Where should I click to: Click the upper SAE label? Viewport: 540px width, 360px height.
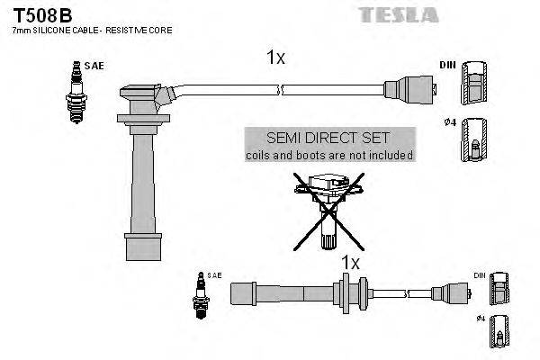point(93,66)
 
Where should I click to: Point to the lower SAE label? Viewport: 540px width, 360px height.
point(214,274)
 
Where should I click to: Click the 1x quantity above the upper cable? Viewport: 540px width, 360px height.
point(275,58)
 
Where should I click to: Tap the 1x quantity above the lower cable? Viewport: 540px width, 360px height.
point(349,263)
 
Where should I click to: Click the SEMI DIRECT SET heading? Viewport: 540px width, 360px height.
point(328,139)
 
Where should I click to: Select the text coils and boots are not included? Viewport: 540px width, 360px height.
point(328,155)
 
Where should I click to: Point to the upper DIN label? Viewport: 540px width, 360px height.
point(447,66)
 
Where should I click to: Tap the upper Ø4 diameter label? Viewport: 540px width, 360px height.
point(447,122)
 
